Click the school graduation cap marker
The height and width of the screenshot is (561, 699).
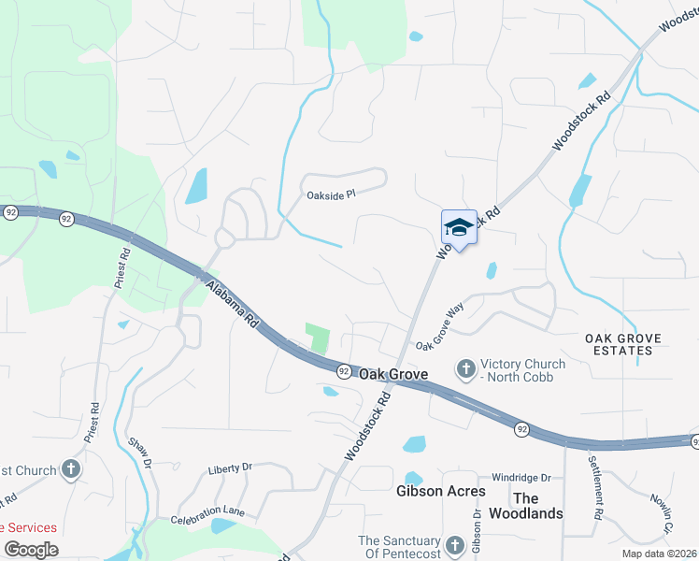459,226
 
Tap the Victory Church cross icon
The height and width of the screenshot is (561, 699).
464,370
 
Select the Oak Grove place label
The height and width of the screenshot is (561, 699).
393,374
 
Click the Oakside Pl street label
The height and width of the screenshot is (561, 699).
332,194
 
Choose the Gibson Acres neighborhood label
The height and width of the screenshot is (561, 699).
441,491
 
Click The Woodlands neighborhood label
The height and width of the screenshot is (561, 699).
538,506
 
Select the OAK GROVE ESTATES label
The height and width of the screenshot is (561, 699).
622,344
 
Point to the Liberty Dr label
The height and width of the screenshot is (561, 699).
230,467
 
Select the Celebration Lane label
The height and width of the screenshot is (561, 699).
207,515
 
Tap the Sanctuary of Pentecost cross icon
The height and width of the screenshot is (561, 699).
454,545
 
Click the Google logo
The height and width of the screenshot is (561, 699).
31,549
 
